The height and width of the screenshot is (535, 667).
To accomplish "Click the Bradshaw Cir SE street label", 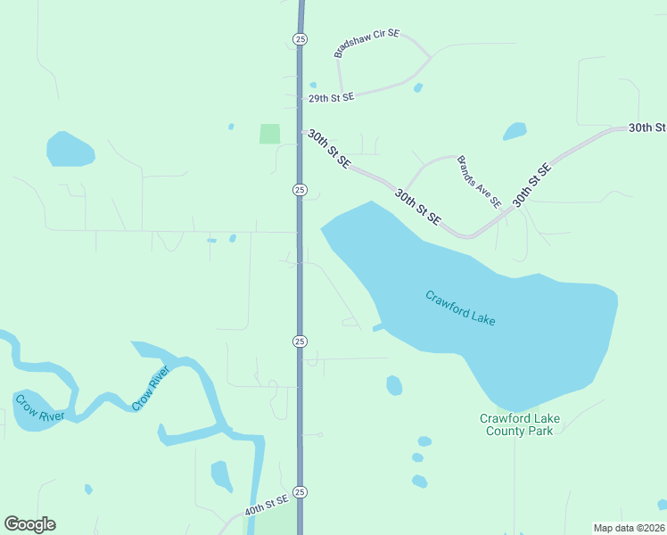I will point(367,43).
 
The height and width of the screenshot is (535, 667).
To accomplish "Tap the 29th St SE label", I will point(332,97).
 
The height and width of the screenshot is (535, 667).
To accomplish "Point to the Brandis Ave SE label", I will point(480,181).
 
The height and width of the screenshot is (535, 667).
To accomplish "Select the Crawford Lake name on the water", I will point(460,308).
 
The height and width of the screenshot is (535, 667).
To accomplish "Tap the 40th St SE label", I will point(267,506).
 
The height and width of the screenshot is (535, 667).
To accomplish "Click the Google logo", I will point(29,524).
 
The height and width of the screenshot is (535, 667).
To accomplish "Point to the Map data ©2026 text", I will point(629,527).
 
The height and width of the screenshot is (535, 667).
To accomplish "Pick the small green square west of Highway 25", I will point(269,134).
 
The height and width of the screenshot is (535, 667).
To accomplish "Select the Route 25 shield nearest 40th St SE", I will point(300,492).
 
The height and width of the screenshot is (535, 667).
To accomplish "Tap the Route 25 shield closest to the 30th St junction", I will point(300,190).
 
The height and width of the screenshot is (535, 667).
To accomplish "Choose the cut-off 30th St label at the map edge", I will point(647,128).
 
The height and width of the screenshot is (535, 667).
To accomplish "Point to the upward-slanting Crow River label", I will point(151,389).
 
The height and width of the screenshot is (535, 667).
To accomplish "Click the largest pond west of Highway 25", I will point(70,150).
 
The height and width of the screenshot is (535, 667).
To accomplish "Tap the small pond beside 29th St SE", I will point(417,87).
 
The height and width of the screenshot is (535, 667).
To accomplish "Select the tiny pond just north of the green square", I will point(231,127).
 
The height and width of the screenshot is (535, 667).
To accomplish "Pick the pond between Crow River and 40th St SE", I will point(221,475).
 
